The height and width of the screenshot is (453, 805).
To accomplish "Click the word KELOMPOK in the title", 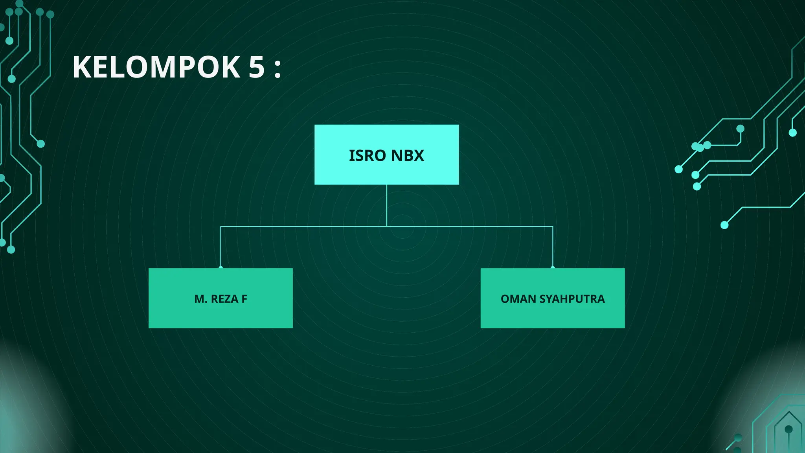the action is (x=156, y=67).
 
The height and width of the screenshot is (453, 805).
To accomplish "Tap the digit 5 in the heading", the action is (x=257, y=67).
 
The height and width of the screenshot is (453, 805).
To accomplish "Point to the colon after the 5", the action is (x=278, y=68).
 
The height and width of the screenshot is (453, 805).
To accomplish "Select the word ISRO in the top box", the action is (x=367, y=156).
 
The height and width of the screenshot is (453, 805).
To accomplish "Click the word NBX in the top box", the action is (x=408, y=156).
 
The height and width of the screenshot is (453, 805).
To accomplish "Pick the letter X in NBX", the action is (x=418, y=156).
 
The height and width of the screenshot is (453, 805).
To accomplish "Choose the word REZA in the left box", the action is (x=224, y=299).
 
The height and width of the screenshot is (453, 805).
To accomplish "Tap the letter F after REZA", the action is (x=244, y=299).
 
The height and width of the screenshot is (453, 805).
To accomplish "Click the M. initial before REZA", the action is (x=201, y=299).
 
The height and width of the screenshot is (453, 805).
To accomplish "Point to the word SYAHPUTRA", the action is (x=572, y=299).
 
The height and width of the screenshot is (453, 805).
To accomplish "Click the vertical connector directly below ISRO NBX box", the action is (x=387, y=204).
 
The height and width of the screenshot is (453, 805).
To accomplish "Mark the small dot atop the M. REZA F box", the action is (x=221, y=268).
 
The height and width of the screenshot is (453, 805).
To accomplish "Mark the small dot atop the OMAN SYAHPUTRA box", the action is (x=553, y=268).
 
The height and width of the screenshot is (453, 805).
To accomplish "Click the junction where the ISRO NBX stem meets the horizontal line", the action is (x=387, y=226).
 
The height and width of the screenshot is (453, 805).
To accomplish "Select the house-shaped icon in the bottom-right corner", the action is (x=788, y=431).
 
